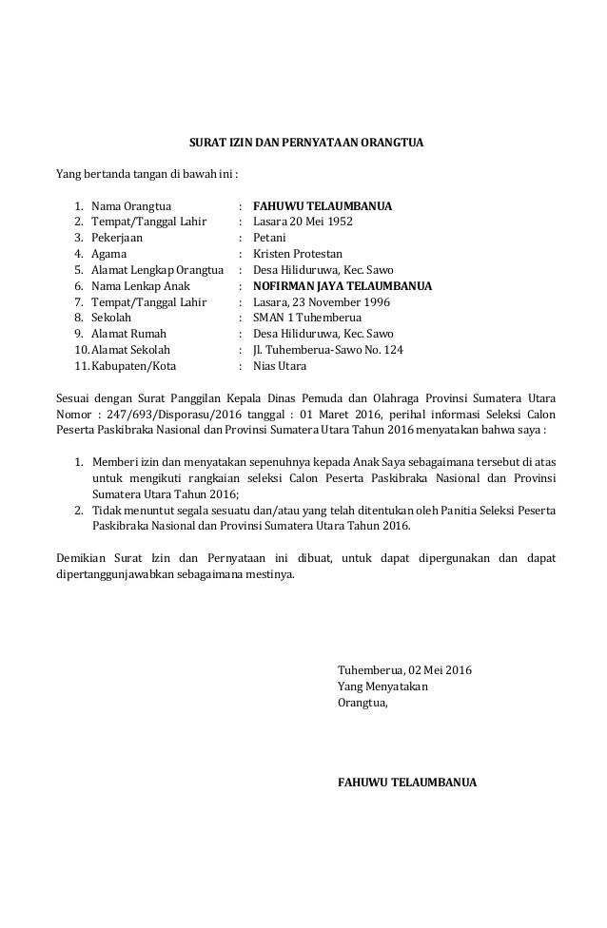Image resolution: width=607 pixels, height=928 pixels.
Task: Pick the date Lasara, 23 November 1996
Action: click(315, 301)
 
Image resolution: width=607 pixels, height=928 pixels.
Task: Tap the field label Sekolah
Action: click(112, 318)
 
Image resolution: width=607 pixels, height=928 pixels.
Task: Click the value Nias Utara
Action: click(280, 365)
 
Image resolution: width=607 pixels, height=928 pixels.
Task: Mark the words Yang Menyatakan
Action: click(383, 686)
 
